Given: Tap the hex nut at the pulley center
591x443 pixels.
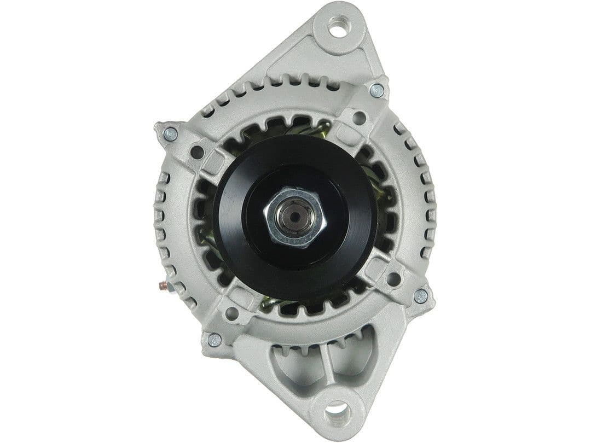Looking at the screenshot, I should [295, 217].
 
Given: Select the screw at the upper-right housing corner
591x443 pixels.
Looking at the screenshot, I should [376, 91].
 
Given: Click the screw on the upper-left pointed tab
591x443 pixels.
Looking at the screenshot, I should [171, 134].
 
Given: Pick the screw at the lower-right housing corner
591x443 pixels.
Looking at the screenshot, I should [420, 296].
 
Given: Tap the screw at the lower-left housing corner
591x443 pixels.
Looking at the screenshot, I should [215, 340].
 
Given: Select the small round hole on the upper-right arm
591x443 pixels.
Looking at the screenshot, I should [359, 118].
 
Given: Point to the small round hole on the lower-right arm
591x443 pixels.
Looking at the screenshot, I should [393, 278].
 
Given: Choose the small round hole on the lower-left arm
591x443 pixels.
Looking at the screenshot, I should [231, 313].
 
